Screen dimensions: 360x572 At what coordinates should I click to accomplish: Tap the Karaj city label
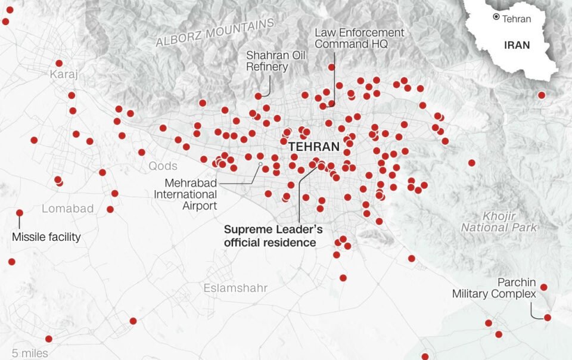(64, 75)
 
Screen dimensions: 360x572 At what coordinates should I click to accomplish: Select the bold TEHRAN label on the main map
(313, 147)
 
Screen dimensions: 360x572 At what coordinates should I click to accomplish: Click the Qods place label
(163, 166)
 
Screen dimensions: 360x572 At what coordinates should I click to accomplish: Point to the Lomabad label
(68, 209)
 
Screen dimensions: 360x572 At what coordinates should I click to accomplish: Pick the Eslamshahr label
(235, 288)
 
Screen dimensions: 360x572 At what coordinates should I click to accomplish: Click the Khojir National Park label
(499, 221)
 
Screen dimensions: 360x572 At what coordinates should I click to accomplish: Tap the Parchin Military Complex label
(494, 288)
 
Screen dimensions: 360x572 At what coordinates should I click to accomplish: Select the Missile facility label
(46, 237)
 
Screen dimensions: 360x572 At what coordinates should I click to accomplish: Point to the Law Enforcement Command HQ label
(359, 38)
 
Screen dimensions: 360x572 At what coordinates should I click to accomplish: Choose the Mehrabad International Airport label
(185, 194)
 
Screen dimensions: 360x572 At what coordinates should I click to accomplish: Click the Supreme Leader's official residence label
(269, 235)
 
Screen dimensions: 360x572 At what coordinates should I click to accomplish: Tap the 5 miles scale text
(30, 353)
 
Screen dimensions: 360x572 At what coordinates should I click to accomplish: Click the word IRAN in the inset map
(517, 45)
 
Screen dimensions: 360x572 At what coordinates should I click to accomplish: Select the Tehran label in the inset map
(516, 18)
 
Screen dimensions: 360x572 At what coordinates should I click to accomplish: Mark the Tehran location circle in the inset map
(496, 17)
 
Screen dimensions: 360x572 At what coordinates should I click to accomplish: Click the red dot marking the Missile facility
(20, 213)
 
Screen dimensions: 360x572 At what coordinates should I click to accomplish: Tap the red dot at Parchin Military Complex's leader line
(548, 318)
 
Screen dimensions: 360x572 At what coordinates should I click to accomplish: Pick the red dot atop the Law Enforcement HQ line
(331, 67)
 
